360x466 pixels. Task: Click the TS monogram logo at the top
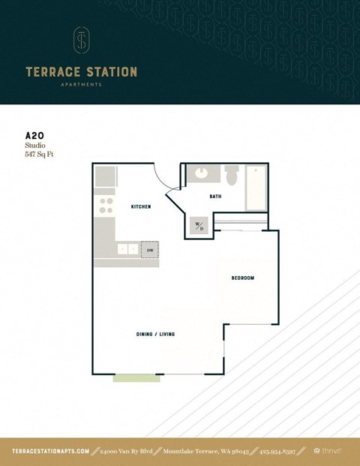click(x=81, y=41)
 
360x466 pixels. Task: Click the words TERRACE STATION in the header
click(x=81, y=72)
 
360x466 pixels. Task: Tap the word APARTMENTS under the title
click(x=81, y=85)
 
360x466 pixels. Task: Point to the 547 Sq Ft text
click(x=40, y=154)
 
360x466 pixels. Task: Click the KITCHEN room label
click(x=141, y=206)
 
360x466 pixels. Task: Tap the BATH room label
click(x=215, y=197)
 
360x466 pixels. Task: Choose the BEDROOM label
click(x=242, y=278)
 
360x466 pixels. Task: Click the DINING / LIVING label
click(x=155, y=334)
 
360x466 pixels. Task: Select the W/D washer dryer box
click(x=199, y=225)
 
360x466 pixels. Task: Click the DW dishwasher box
click(x=150, y=250)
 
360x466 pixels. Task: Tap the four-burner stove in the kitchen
click(x=106, y=206)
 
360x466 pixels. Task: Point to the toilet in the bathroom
click(x=232, y=176)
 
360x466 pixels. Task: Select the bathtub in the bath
click(x=256, y=188)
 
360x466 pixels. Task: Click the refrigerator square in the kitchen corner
click(x=105, y=177)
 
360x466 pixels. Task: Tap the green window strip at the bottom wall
click(x=136, y=377)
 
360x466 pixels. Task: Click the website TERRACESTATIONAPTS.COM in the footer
click(x=50, y=451)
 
